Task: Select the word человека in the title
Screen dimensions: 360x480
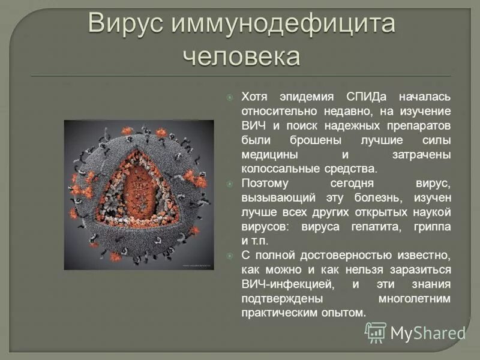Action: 241,56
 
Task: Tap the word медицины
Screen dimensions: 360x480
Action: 265,155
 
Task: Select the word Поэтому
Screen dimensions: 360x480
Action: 265,184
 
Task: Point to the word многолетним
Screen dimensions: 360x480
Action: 415,299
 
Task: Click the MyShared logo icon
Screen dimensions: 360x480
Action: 376,332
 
